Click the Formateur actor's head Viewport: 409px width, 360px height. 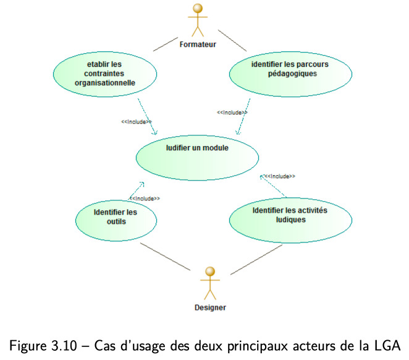click(x=198, y=9)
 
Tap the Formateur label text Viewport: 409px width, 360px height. click(x=198, y=45)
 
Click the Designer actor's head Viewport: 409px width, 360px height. click(x=210, y=272)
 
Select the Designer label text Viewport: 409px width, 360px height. click(x=210, y=307)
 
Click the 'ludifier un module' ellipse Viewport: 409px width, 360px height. click(x=197, y=158)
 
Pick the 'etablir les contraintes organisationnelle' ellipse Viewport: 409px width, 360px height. click(x=105, y=74)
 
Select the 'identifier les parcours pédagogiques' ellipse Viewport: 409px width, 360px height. click(x=290, y=74)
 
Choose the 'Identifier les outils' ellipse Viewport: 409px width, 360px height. click(x=116, y=221)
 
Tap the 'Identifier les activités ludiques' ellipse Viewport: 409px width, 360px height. click(x=290, y=220)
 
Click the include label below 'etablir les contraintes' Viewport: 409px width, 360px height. click(x=137, y=122)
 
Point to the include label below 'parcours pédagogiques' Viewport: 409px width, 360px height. click(x=232, y=113)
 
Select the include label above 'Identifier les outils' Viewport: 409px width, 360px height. click(x=145, y=199)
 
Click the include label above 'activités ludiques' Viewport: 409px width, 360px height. click(x=280, y=176)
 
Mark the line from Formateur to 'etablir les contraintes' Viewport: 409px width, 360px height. click(x=166, y=45)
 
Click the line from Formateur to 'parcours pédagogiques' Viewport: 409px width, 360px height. click(x=232, y=40)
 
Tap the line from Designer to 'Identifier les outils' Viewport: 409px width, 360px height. click(x=166, y=257)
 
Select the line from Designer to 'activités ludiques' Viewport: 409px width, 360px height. click(x=256, y=260)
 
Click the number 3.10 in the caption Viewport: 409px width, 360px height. click(x=64, y=346)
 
